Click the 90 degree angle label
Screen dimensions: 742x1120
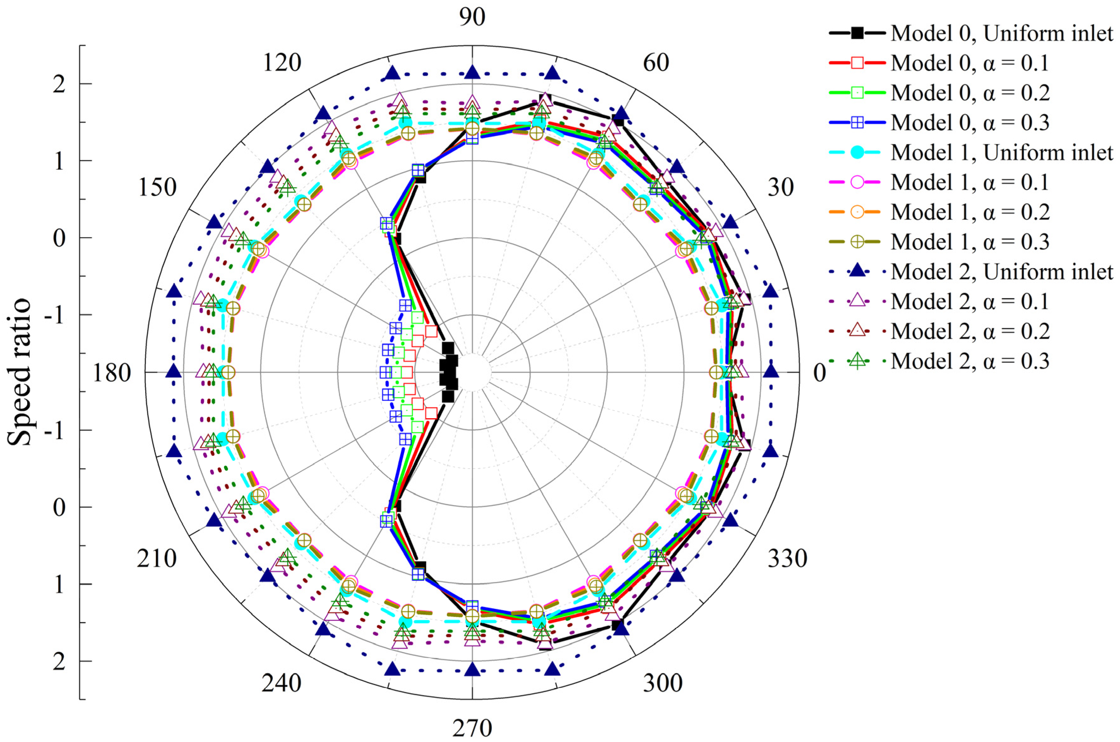472,17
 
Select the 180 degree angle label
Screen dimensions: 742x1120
111,373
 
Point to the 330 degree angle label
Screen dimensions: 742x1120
787,558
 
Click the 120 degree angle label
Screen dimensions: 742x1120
282,63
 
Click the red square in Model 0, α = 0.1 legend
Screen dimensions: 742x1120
857,63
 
